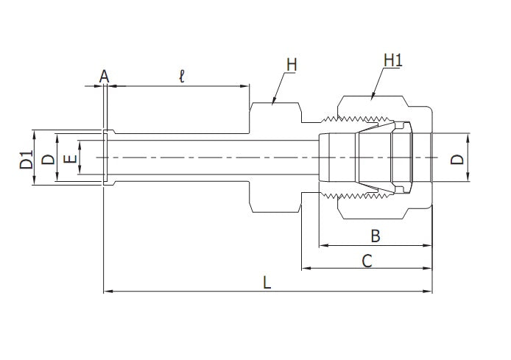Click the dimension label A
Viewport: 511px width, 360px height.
[x=104, y=76]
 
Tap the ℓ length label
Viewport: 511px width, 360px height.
[x=182, y=75]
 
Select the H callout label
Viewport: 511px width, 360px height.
[x=292, y=66]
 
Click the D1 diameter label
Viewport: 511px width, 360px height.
[x=26, y=159]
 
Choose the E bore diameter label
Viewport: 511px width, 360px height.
[x=68, y=159]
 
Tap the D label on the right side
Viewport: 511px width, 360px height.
[x=458, y=159]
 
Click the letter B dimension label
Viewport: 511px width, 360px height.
[x=375, y=236]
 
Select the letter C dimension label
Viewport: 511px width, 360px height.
[x=367, y=260]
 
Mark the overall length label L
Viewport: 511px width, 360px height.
[x=267, y=283]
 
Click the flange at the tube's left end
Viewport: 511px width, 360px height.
[x=106, y=159]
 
